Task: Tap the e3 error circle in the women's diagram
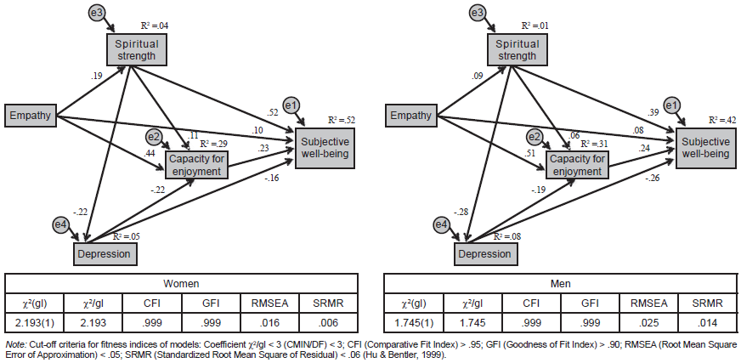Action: pyautogui.click(x=97, y=13)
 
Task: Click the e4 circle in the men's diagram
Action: pyautogui.click(x=441, y=224)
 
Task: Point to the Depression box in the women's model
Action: pyautogui.click(x=105, y=253)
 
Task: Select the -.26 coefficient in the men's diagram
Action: pyautogui.click(x=652, y=178)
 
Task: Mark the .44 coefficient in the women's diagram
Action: pyautogui.click(x=150, y=152)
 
